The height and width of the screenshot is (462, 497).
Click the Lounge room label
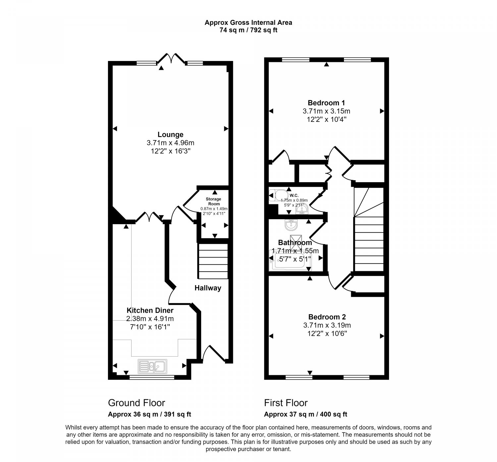tap(170, 134)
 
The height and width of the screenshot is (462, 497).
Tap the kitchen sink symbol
tap(153, 366)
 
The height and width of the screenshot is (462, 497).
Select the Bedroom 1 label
tap(326, 103)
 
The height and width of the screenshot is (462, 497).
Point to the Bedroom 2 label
tap(327, 317)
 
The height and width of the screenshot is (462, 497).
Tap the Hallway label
tap(208, 288)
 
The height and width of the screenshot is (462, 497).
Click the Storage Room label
tap(214, 201)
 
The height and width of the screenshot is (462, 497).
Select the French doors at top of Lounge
tap(171, 59)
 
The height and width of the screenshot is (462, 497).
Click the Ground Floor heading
tap(137, 403)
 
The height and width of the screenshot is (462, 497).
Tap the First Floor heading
tap(286, 403)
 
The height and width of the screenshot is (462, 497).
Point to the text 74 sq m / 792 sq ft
tap(248, 30)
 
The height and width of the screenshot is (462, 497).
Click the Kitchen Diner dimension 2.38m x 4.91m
tap(150, 319)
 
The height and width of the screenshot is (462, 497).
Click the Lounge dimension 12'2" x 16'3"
tap(170, 151)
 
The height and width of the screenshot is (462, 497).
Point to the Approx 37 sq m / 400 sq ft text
tap(305, 414)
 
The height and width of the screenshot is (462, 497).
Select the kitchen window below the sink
tap(152, 377)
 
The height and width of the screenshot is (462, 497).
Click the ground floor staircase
tap(213, 261)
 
